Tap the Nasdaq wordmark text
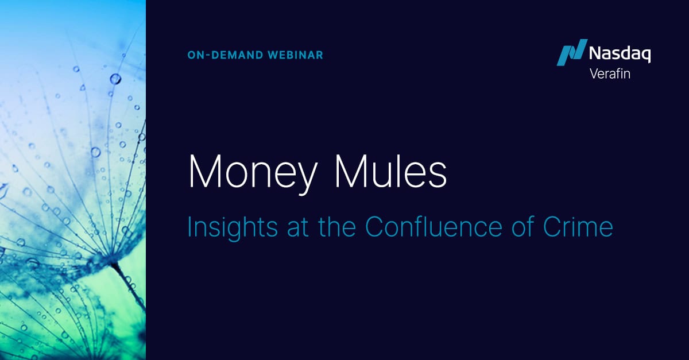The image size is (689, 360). [620, 55]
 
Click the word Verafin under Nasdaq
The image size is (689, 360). [610, 73]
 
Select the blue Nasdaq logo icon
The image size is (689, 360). [572, 52]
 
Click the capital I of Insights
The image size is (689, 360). [191, 227]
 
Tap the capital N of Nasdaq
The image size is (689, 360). [595, 55]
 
